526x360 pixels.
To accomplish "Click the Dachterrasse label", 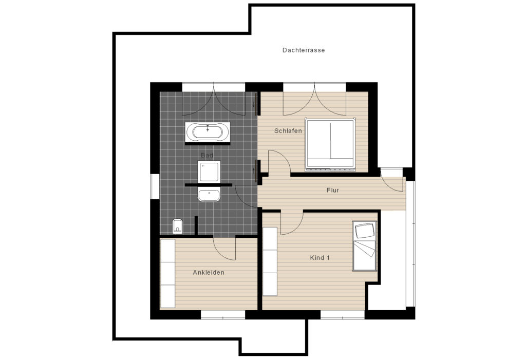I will click(x=303, y=50).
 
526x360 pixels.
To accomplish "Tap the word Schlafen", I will click(x=288, y=131).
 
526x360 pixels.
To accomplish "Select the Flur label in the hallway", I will click(x=332, y=190).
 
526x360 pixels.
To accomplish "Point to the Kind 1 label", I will click(x=320, y=258).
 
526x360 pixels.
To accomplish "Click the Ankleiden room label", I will click(x=208, y=273).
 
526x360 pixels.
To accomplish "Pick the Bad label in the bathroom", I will click(x=207, y=155).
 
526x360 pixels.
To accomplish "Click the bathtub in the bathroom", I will click(x=208, y=132).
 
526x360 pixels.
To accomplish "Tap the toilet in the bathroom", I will click(x=177, y=225).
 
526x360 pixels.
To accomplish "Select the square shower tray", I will click(x=209, y=172).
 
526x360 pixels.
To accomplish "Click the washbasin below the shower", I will click(x=209, y=195).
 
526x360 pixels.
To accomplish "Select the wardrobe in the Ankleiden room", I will click(x=167, y=273).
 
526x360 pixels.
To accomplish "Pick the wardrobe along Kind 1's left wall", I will click(x=270, y=261).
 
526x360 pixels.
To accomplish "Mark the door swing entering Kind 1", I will click(x=291, y=222).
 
